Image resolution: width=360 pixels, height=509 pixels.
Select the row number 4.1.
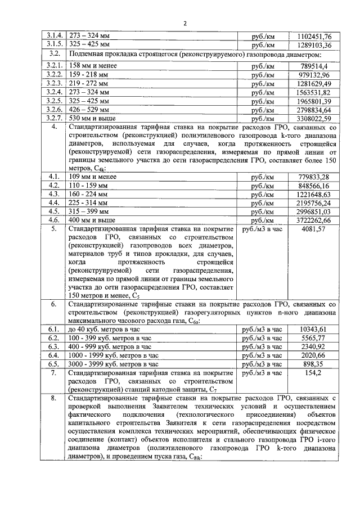[x=54, y=177]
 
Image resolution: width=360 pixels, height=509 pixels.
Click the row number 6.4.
[x=54, y=355]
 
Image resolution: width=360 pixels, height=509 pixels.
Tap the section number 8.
[x=54, y=399]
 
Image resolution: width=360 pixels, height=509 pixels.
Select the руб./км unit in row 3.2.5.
[x=263, y=101]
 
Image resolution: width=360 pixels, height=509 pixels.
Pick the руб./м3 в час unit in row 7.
[x=262, y=373]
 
